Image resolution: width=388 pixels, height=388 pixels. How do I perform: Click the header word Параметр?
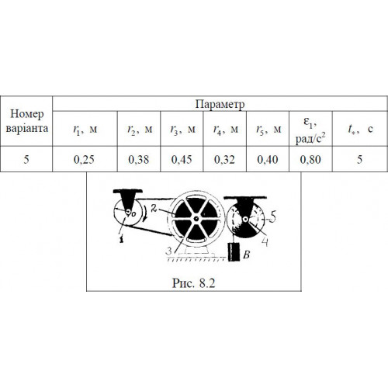pos(220,104)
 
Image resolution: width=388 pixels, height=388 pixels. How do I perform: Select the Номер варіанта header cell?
pos(26,121)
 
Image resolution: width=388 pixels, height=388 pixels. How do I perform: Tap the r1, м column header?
pos(85,129)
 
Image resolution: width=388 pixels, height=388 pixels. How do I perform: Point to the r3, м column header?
pos(182,129)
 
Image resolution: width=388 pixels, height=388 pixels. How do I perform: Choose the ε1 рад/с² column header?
pos(310,130)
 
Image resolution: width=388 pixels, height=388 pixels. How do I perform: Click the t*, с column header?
pos(360,129)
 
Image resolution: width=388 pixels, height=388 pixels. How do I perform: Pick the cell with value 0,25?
pos(84,159)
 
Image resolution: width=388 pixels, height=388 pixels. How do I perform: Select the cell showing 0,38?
pos(139,159)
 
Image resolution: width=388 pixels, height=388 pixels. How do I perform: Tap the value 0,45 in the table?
pos(182,159)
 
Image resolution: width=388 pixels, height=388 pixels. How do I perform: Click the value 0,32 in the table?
pos(224,159)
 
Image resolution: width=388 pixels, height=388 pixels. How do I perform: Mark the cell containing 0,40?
pos(268,159)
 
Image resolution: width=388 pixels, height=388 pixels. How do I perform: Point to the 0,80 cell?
pos(310,159)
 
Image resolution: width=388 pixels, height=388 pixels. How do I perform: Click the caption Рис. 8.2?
pos(194,283)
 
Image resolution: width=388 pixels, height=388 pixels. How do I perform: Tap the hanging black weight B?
pos(234,252)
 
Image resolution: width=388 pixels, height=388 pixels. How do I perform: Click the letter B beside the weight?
pos(247,255)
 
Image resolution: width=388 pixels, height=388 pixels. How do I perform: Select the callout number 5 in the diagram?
pos(273,216)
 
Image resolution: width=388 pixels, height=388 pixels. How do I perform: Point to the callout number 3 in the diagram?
pos(169,251)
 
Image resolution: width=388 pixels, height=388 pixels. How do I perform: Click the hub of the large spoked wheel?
pos(196,219)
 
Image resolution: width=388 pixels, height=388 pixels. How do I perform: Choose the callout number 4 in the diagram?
pos(265,242)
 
